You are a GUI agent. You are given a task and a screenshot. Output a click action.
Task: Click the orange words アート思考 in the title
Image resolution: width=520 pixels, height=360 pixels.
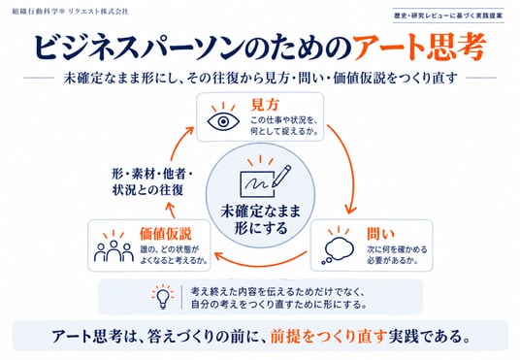pos(420,47)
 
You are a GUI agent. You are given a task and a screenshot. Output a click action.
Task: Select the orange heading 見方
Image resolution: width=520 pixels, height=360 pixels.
pos(265,105)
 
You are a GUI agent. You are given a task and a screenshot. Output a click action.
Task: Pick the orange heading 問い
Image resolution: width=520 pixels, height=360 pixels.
pos(380,234)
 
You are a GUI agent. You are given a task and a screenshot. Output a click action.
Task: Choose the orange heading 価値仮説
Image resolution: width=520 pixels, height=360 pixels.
pos(166,234)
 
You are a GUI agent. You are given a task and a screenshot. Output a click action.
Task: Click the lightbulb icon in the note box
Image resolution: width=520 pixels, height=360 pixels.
pos(163,296)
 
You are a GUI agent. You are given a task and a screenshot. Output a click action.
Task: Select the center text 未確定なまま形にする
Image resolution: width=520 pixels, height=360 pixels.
pos(261,219)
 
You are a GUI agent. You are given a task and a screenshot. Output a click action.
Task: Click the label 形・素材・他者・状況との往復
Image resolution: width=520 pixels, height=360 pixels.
pos(152,181)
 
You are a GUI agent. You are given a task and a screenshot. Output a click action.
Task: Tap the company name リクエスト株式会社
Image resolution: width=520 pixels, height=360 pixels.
pos(98,12)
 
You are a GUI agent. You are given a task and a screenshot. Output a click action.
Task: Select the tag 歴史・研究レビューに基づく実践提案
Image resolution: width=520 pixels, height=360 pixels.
pos(448,16)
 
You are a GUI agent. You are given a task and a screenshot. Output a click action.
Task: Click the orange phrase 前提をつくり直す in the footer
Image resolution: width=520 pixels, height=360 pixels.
pos(328,337)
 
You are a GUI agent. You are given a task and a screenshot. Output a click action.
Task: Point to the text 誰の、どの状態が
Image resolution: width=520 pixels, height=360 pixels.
pos(170,249)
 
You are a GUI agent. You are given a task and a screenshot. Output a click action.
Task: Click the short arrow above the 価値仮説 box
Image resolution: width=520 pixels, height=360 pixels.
pos(171,210)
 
